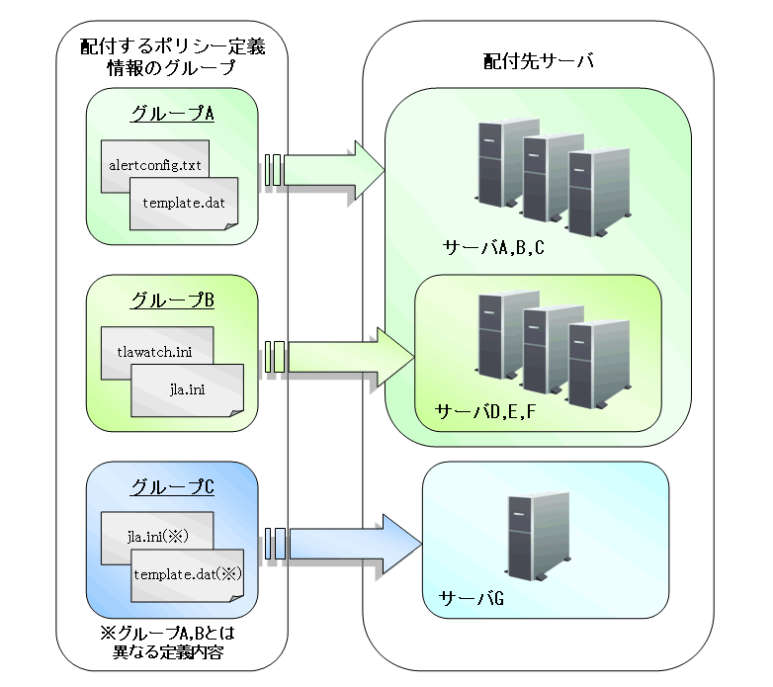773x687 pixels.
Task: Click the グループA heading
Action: [x=173, y=114]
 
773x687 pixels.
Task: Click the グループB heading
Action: [x=173, y=300]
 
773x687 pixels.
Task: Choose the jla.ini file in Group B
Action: [x=188, y=388]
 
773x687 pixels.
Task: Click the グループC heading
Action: [x=173, y=488]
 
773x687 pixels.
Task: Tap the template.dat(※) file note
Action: [x=188, y=573]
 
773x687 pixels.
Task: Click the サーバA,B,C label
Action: [x=494, y=246]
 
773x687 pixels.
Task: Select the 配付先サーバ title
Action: [x=538, y=61]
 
